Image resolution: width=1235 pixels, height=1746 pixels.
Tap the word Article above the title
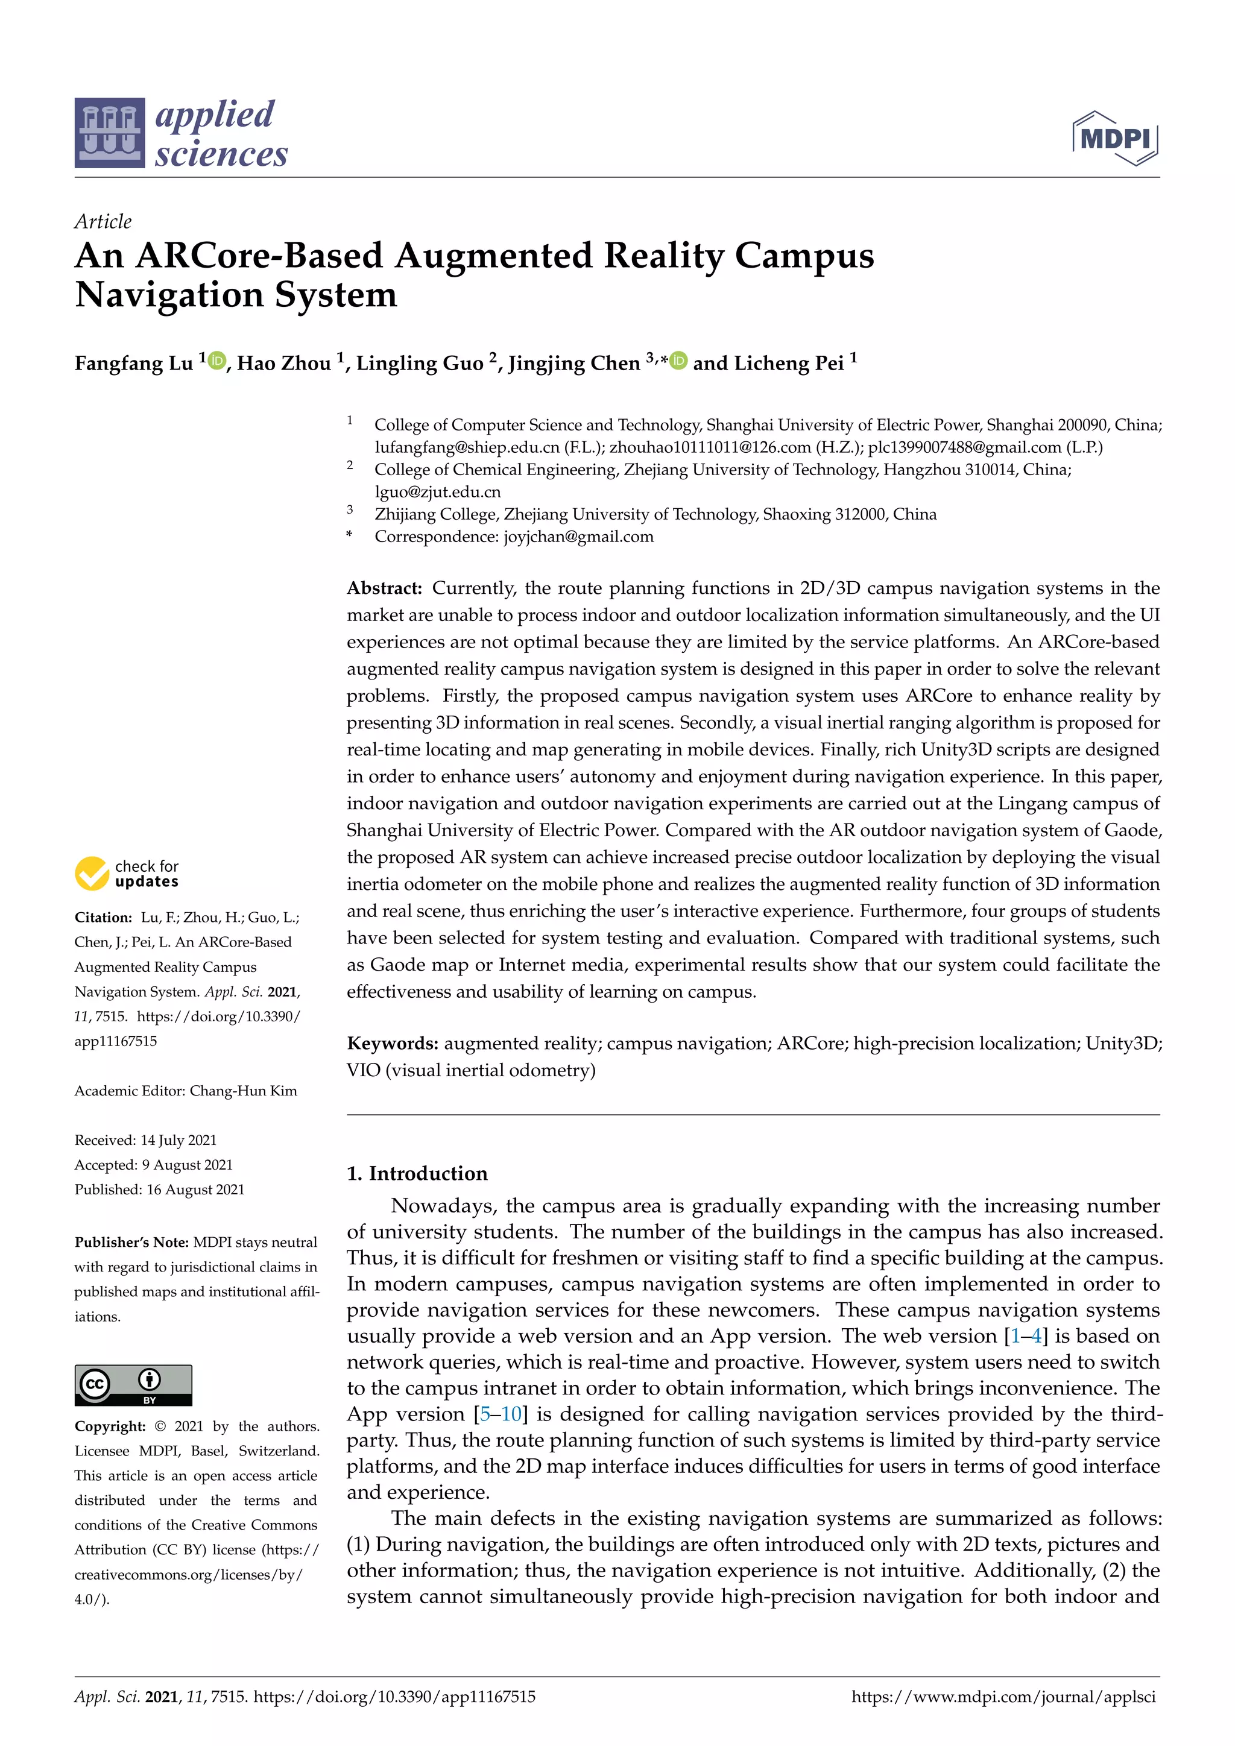(103, 221)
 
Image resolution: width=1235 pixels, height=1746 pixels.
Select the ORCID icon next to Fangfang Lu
(216, 361)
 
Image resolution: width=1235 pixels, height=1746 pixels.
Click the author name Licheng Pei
(789, 364)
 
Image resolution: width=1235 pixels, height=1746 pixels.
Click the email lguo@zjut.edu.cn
(437, 492)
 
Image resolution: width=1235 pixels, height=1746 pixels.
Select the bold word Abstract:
(384, 588)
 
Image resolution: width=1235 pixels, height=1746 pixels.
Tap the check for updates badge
(127, 874)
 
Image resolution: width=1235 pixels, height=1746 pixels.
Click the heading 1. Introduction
(417, 1173)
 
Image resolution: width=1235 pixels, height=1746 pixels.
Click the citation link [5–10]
(501, 1414)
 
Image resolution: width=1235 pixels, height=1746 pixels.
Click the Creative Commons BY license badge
(133, 1385)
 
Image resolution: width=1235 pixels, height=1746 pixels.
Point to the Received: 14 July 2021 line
(145, 1140)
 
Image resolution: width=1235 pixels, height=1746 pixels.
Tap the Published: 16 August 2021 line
(159, 1190)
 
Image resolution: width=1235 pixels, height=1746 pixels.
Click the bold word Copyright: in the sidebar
(110, 1426)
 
